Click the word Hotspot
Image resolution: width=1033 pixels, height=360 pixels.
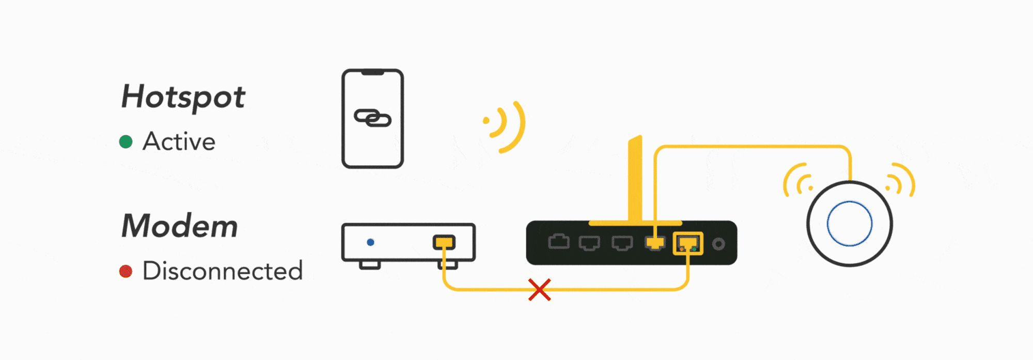point(183,97)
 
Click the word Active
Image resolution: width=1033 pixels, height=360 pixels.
point(179,141)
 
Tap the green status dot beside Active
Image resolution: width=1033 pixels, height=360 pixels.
point(126,142)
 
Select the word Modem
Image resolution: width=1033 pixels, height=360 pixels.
point(180,226)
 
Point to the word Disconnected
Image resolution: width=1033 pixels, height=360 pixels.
point(223,271)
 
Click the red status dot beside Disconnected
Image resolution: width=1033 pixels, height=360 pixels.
point(126,271)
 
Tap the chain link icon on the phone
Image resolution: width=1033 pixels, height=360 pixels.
point(372,118)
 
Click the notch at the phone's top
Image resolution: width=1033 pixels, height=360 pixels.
point(372,72)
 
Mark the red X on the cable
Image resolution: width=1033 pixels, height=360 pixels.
point(540,290)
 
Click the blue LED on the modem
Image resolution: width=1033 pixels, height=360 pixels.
point(370,242)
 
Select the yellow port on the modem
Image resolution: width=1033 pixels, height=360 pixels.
point(444,242)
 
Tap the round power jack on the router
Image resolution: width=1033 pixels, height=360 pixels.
point(718,244)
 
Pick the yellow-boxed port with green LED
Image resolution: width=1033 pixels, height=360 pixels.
point(688,243)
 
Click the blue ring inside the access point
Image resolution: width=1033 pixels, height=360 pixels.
point(850,224)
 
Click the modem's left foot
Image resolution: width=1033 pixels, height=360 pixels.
point(370,265)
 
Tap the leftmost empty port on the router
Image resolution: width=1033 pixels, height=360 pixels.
point(559,242)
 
